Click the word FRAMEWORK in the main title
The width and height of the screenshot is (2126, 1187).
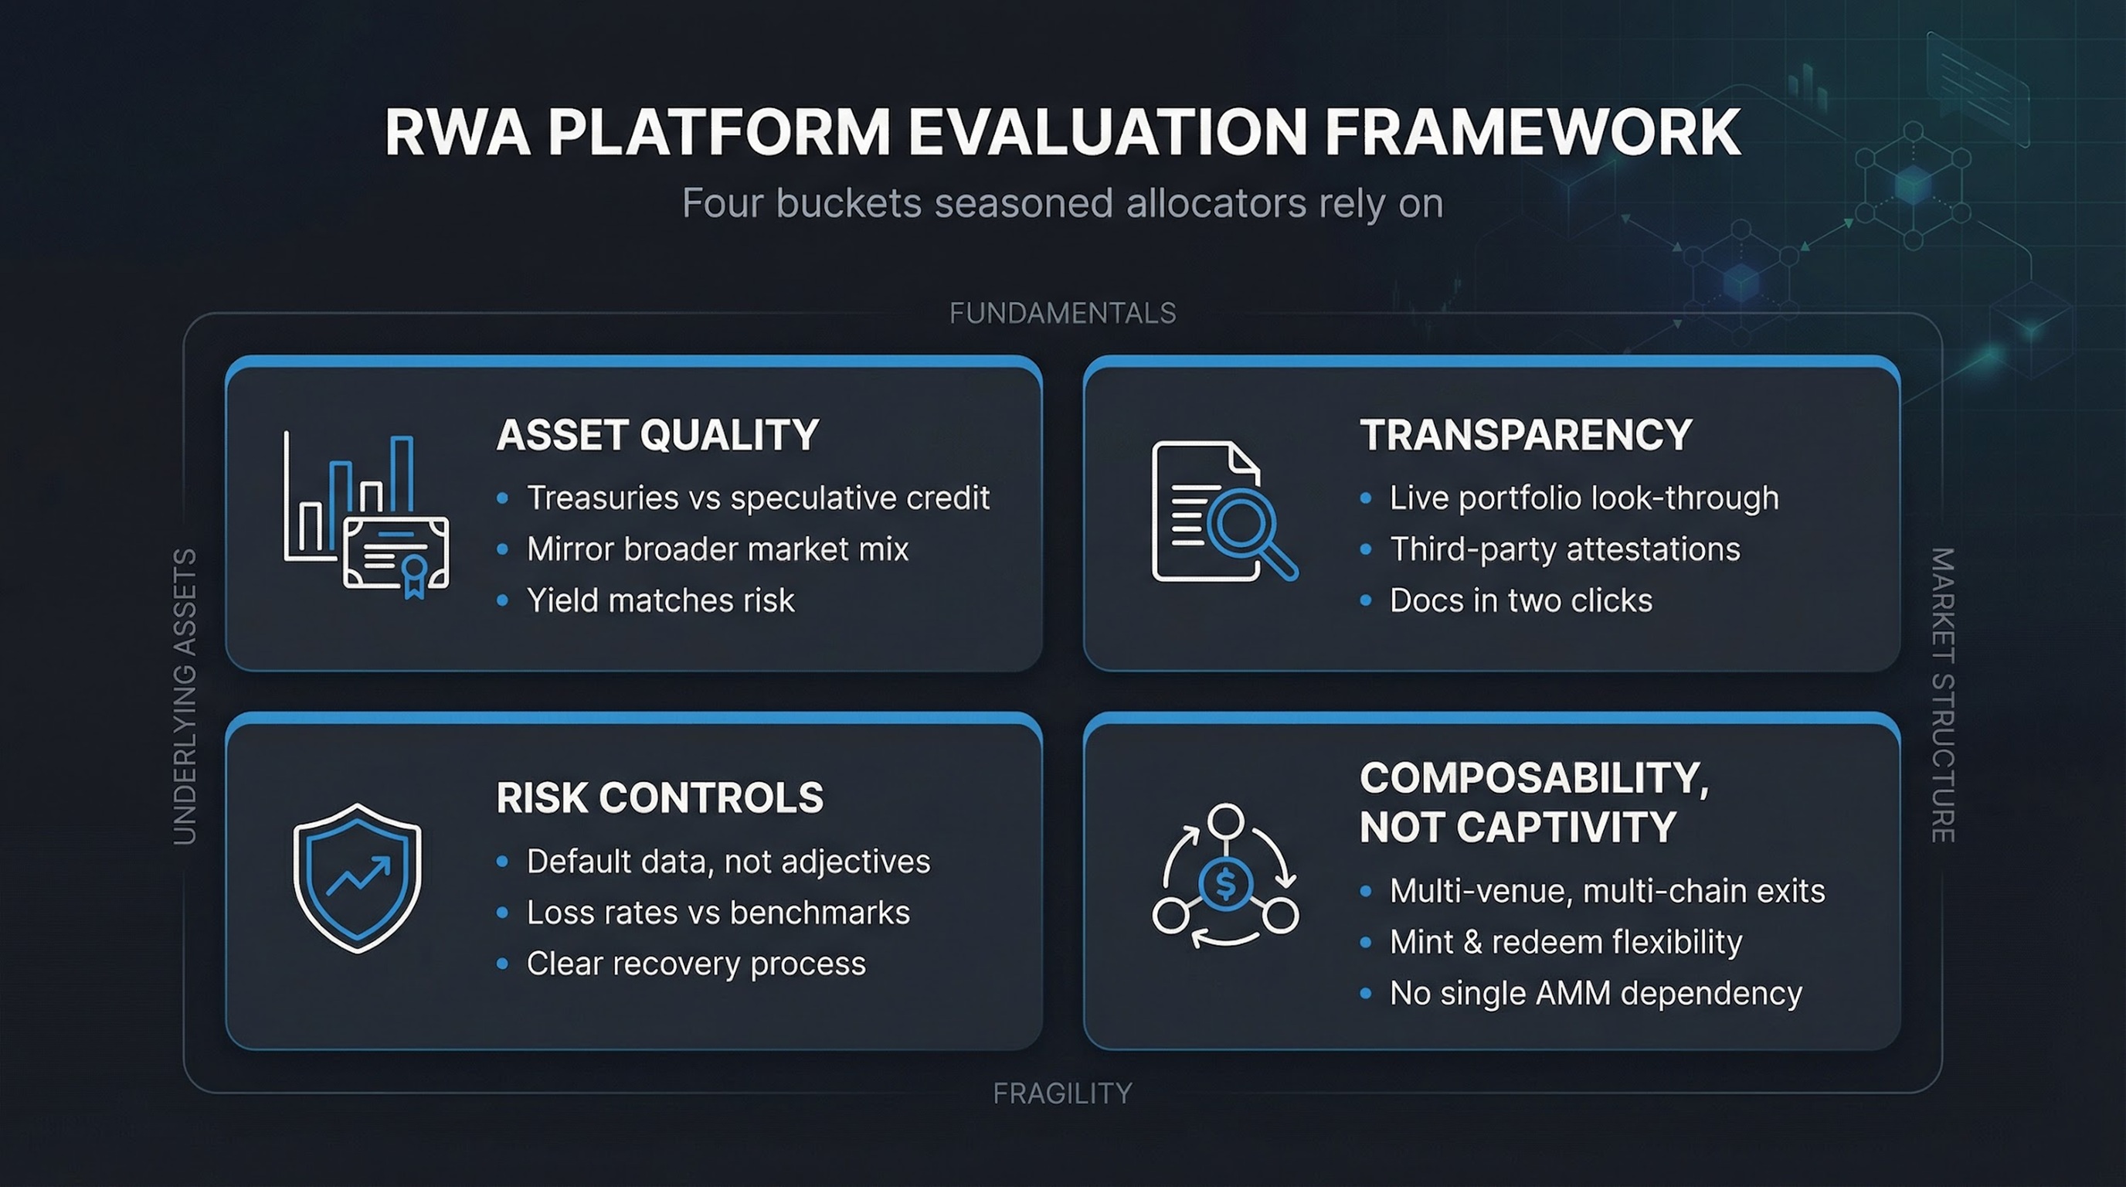(x=1533, y=132)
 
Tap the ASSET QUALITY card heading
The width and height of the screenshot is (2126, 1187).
(x=657, y=435)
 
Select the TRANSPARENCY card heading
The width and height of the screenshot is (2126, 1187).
(x=1526, y=435)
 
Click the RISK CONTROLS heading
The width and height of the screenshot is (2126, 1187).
(x=660, y=798)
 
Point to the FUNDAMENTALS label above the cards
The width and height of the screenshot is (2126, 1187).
(x=1062, y=313)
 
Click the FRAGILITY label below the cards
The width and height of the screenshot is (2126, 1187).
(x=1062, y=1093)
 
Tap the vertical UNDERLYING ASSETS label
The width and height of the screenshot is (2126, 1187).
(x=185, y=696)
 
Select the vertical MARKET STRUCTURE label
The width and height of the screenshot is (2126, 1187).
(x=1943, y=695)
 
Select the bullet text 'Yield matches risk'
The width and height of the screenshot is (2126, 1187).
(x=661, y=600)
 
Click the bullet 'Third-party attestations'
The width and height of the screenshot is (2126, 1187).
(x=1565, y=549)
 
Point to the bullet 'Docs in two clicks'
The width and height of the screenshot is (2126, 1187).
(x=1521, y=600)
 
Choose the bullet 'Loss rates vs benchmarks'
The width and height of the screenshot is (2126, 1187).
(x=718, y=912)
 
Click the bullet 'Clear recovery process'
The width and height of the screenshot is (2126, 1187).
(x=696, y=964)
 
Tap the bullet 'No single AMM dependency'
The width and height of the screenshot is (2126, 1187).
(x=1595, y=993)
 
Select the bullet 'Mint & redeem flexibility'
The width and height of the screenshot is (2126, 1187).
(x=1566, y=942)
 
